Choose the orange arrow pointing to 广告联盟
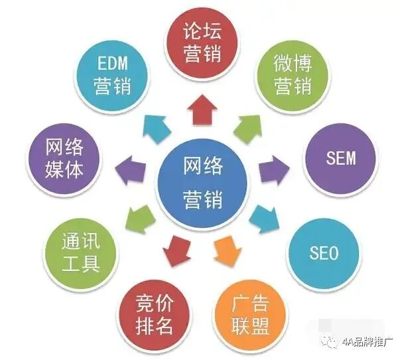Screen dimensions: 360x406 (226, 249)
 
